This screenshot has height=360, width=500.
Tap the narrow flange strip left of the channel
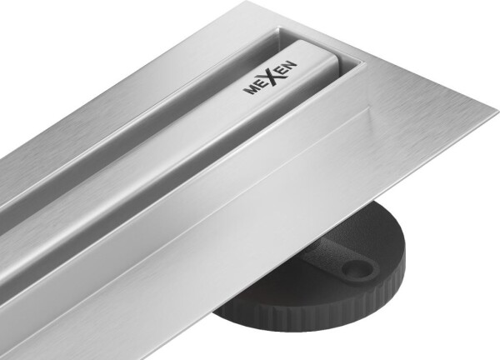(x=125, y=75)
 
